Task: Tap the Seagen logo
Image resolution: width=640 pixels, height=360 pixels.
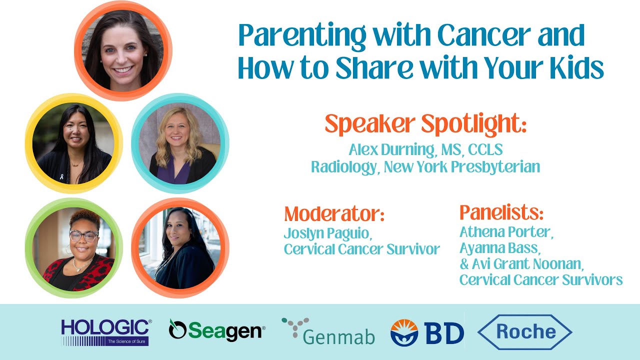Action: (x=216, y=330)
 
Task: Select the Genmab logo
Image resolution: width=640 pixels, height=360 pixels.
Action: (x=328, y=331)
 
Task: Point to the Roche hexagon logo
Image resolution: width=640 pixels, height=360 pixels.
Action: (x=524, y=331)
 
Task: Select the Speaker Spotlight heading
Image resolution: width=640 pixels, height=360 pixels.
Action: (x=425, y=123)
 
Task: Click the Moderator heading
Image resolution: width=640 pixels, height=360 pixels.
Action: (x=334, y=214)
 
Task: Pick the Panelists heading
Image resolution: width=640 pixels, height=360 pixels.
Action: (x=501, y=213)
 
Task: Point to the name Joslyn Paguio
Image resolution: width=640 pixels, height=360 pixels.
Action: (x=327, y=233)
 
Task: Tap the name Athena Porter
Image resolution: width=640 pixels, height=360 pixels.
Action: (x=506, y=232)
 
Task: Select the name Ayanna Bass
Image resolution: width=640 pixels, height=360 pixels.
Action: (x=500, y=248)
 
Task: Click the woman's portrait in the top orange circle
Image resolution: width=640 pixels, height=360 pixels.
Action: (x=123, y=50)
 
